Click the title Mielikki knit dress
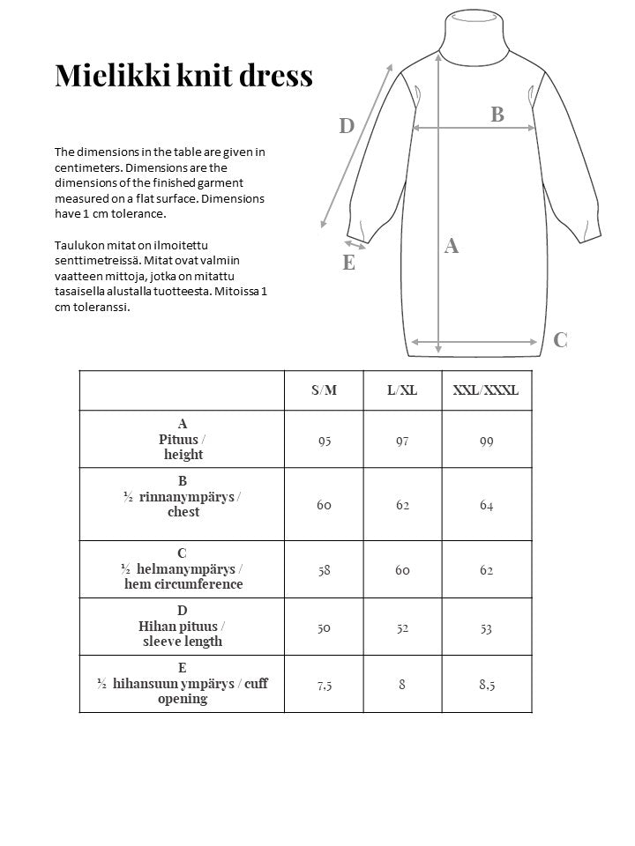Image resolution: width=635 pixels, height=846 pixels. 183,76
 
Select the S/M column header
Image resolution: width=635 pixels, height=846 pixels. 324,390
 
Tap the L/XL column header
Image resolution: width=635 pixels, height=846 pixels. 402,390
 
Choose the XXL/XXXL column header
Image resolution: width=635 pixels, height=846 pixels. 486,390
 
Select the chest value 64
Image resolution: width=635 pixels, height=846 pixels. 486,505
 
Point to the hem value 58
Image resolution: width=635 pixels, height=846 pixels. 324,570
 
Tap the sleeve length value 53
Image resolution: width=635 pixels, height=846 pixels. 486,627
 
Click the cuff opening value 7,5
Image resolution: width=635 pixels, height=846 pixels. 324,685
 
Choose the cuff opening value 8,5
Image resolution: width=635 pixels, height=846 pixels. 486,685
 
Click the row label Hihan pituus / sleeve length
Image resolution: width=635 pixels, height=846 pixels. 183,627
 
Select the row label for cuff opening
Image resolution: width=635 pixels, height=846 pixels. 183,684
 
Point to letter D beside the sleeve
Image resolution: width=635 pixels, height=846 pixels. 347,126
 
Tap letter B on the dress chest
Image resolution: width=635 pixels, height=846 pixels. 497,114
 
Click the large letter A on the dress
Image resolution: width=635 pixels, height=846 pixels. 451,246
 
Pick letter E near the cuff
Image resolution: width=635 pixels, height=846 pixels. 348,263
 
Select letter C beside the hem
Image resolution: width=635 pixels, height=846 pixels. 560,340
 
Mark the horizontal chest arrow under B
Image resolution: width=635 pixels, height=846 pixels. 474,129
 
